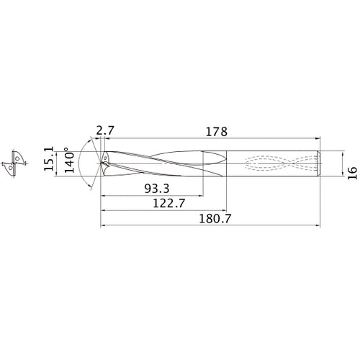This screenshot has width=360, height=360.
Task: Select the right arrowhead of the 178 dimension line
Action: tap(319, 139)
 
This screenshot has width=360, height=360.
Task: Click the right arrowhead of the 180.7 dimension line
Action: tap(319, 226)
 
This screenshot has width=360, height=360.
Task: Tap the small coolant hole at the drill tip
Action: tap(104, 156)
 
